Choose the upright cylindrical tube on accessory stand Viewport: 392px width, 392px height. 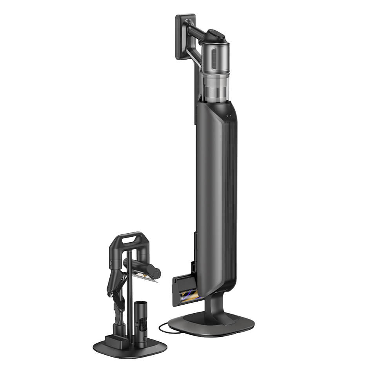pyautogui.click(x=140, y=321)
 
